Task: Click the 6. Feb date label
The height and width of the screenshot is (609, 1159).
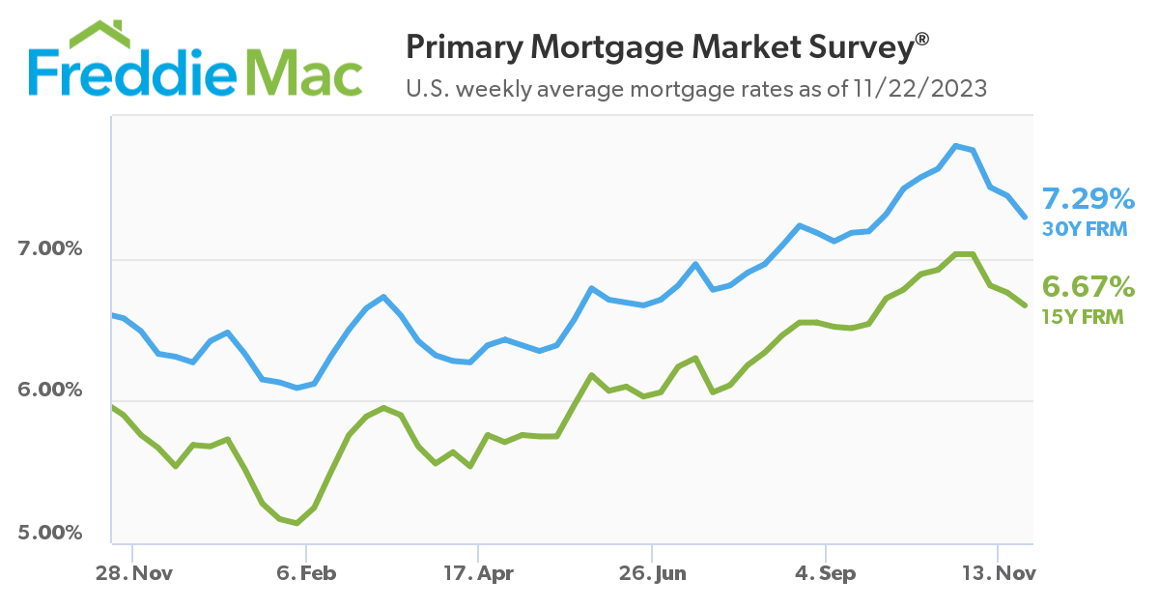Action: coord(306,573)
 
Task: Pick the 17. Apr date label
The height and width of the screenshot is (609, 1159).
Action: coord(478,573)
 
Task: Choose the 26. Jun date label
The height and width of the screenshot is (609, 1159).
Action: coord(652,573)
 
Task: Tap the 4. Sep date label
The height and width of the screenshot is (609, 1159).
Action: coord(825,573)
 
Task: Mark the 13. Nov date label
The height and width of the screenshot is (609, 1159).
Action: coord(999,573)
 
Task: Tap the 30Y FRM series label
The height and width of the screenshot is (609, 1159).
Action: coord(1084,229)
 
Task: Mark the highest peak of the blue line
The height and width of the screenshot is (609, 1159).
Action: coord(955,146)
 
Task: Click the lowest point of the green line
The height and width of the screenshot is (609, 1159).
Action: coord(297,523)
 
